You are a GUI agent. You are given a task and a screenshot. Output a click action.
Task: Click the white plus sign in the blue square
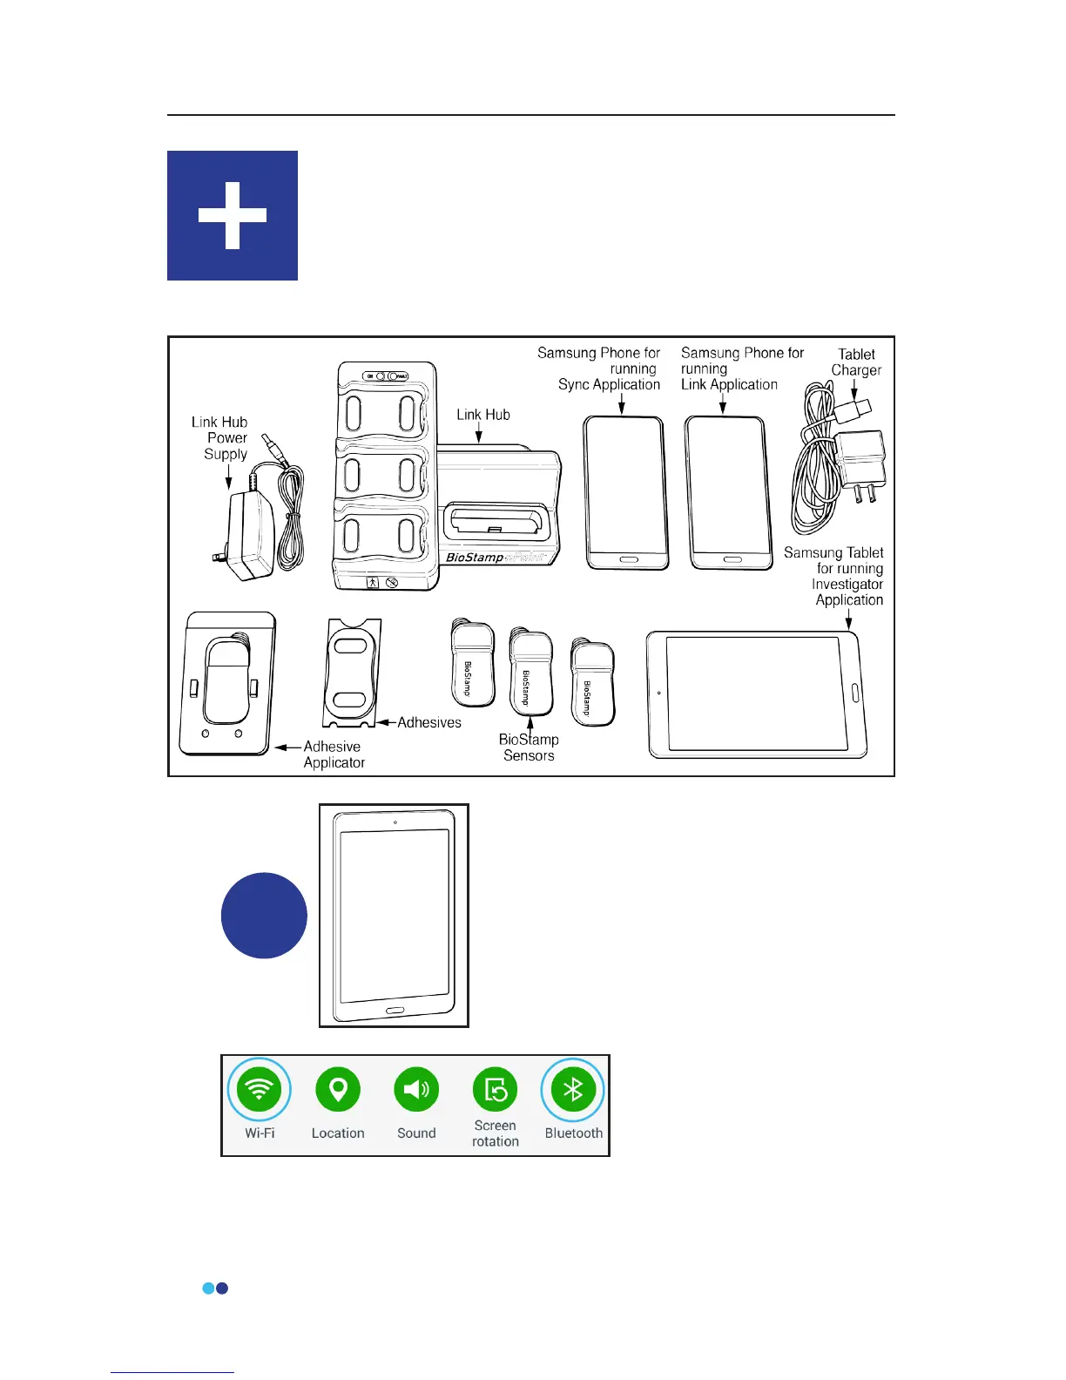point(233,216)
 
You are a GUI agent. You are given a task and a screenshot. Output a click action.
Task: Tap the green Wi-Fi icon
point(260,1089)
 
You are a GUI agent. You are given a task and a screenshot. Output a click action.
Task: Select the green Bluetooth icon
point(573,1089)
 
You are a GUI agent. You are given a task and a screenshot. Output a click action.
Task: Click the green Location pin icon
point(338,1089)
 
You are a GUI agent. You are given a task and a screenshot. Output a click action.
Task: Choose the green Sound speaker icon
point(416,1089)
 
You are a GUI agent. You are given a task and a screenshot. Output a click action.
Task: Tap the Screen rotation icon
point(495,1089)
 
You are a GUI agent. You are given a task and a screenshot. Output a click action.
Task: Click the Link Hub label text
point(483,415)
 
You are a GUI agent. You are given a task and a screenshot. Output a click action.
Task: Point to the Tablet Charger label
point(856,362)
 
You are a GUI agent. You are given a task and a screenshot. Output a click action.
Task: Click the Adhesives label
point(429,722)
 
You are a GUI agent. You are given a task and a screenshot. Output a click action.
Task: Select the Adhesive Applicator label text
point(334,754)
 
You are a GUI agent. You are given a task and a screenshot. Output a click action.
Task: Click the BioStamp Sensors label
point(529,747)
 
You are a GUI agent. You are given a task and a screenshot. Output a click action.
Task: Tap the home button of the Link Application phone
point(732,558)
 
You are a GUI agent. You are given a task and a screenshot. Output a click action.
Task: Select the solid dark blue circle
point(264,916)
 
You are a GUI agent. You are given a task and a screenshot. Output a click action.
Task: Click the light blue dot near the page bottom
point(208,1288)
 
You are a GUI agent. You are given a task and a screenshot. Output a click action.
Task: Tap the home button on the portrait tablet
point(395,1011)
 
